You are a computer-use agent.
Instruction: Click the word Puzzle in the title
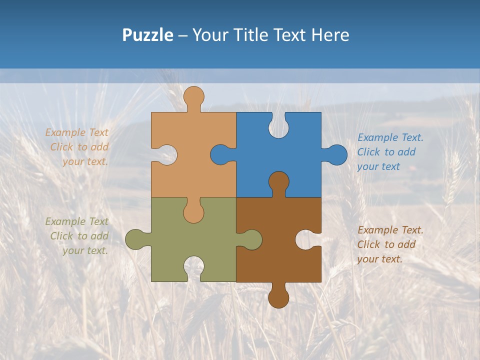[147, 35]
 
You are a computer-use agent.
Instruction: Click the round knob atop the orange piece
[193, 96]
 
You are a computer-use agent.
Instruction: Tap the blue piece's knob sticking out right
[336, 155]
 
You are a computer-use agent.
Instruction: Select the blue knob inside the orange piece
[221, 155]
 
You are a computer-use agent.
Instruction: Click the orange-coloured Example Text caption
[77, 147]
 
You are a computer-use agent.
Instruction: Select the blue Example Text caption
[390, 152]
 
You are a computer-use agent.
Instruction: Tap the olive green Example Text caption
[77, 236]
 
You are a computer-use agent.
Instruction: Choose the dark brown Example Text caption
[390, 244]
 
